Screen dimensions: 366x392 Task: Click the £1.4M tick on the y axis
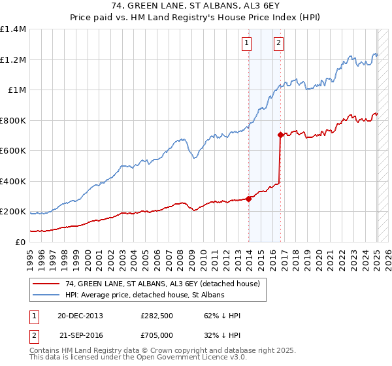pos(13,29)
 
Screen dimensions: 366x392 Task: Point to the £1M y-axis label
pos(17,90)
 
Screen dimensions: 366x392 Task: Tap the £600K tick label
pos(13,151)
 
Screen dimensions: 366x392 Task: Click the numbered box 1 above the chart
pos(247,44)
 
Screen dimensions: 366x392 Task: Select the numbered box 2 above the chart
pos(278,44)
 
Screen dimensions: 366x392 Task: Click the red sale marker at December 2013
pos(249,199)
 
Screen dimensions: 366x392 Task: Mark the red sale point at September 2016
pos(280,135)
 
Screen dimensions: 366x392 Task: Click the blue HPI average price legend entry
pos(144,295)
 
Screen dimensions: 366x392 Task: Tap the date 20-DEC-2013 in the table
pos(80,316)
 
